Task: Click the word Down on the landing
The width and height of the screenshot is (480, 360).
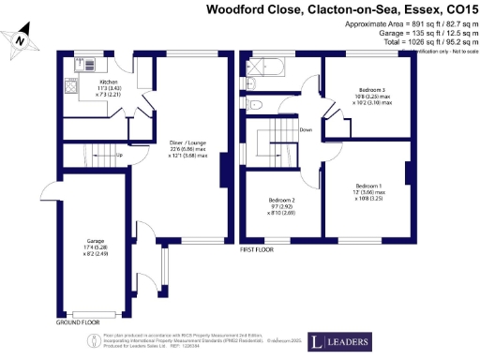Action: [x=306, y=129]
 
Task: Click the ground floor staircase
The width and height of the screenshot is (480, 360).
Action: [x=90, y=153]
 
